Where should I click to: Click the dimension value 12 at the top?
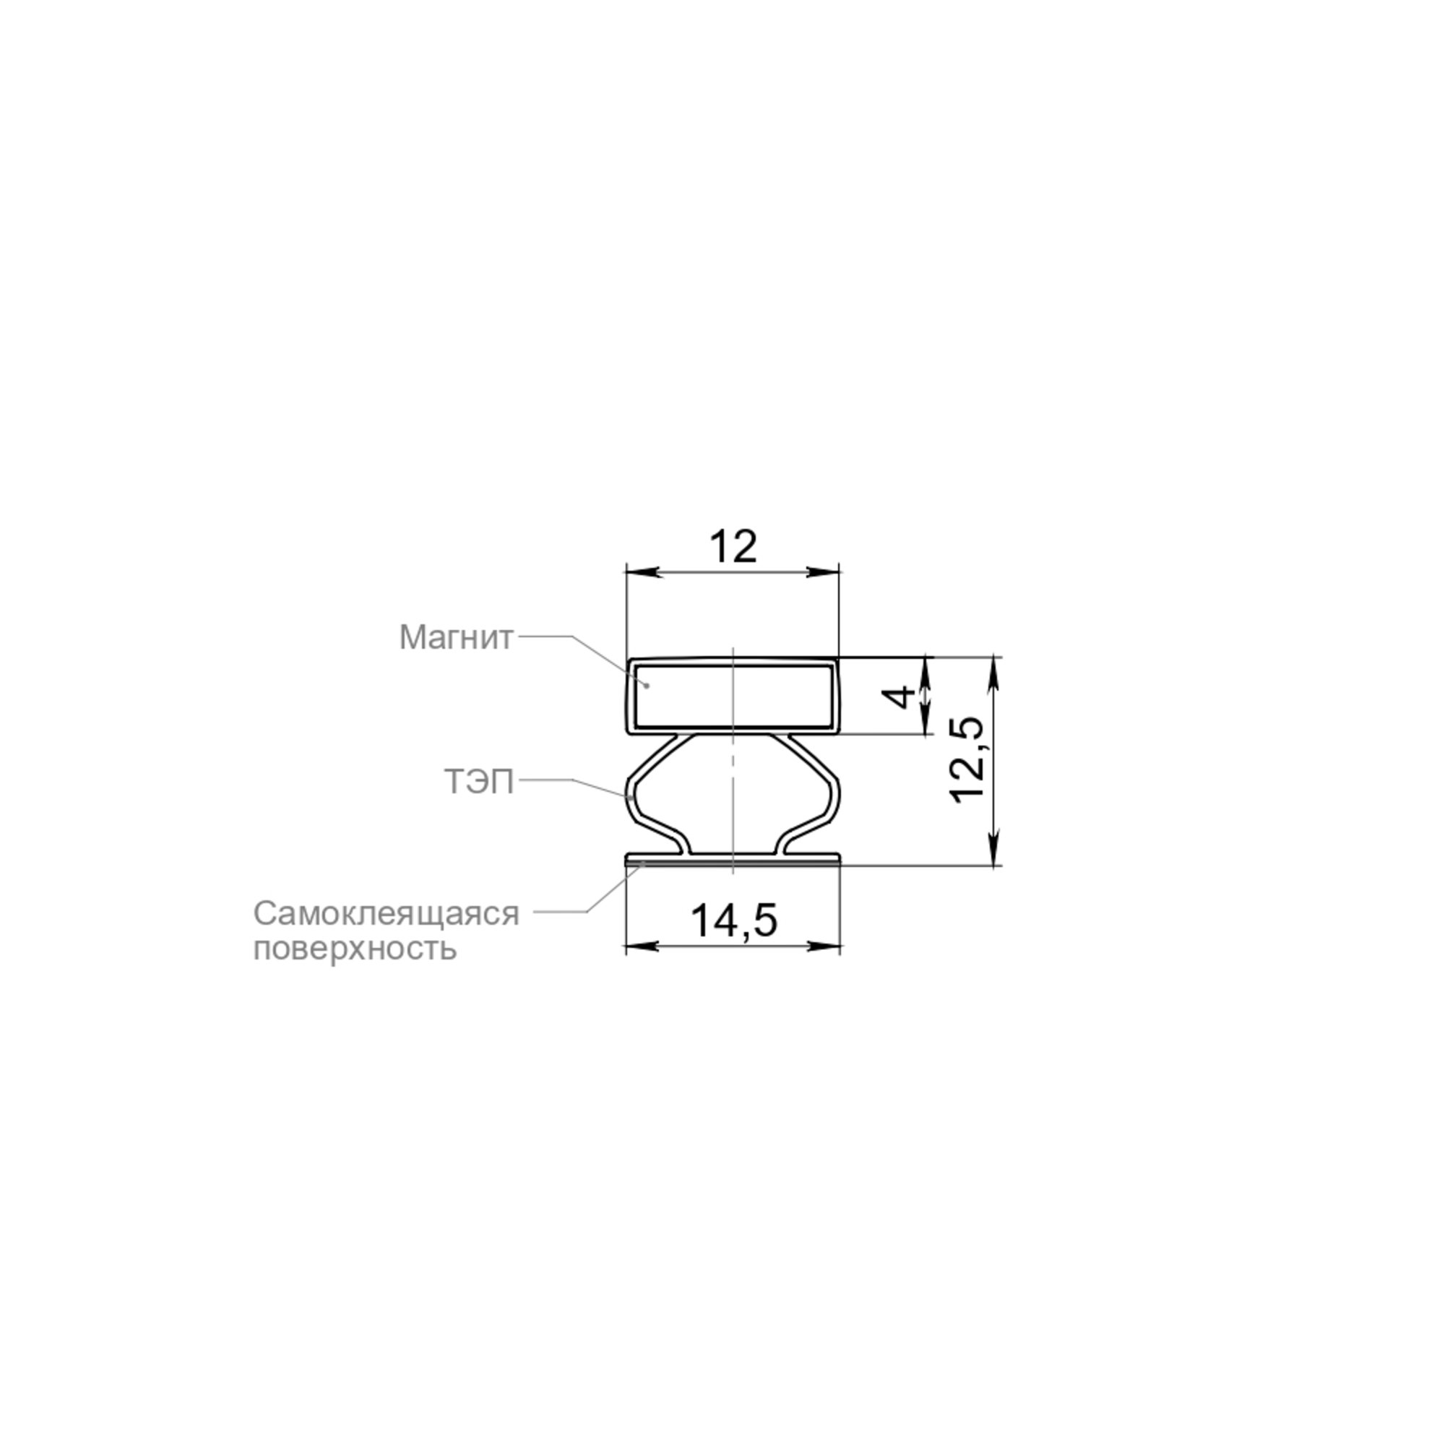(733, 547)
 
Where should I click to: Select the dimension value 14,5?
(734, 920)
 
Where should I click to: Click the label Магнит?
(456, 637)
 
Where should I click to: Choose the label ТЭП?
(480, 782)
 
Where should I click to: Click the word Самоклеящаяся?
(386, 913)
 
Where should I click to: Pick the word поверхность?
(355, 949)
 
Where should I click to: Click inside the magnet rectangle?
(733, 696)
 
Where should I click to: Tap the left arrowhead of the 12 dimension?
(642, 572)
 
